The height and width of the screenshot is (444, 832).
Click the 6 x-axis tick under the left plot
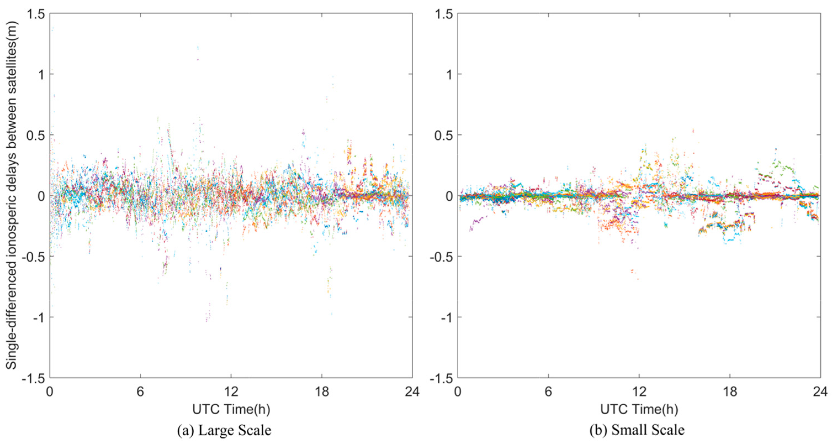point(140,392)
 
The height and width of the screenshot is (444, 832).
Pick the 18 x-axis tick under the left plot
point(322,392)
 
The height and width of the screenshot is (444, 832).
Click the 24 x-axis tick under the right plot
point(820,392)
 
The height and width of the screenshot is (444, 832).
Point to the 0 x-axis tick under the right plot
point(458,392)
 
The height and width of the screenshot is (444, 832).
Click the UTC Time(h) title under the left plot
point(231,409)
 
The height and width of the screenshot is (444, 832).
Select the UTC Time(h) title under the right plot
point(639,409)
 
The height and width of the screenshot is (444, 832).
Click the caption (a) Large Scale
point(224,430)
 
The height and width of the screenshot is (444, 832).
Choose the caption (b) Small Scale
point(637,430)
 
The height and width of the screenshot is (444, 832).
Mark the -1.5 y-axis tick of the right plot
point(441,378)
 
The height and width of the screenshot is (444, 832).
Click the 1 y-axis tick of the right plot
point(449,75)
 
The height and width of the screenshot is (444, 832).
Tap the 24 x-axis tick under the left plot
point(412,392)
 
